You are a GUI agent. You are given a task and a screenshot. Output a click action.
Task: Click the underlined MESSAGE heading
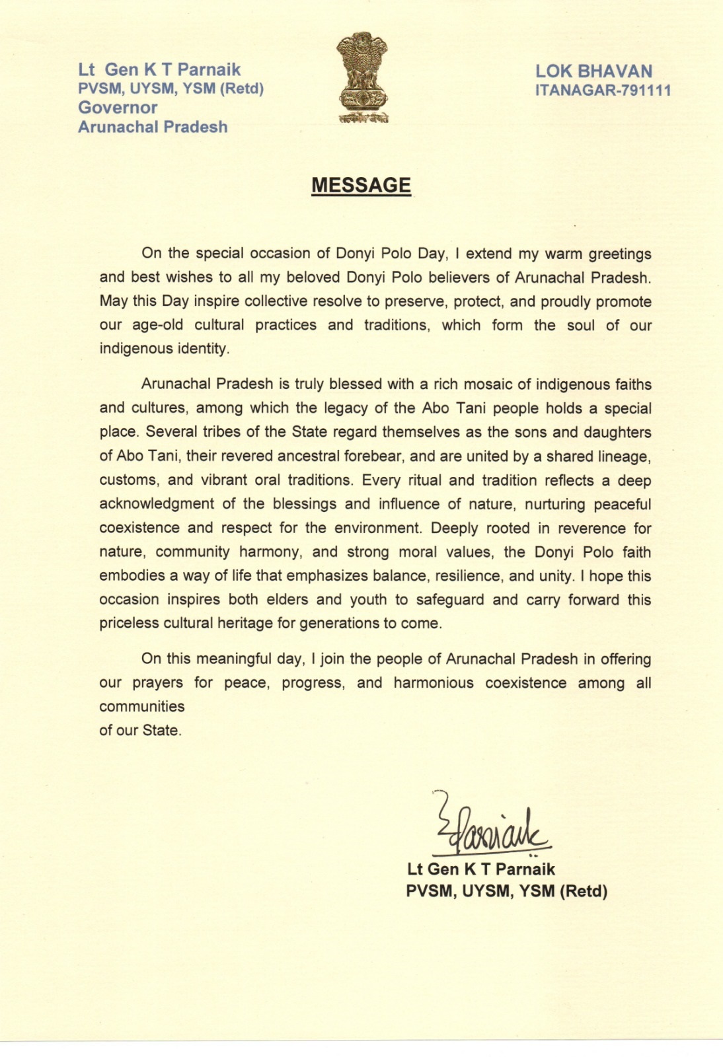tap(361, 186)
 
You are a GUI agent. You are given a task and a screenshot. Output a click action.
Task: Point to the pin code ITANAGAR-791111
tap(603, 91)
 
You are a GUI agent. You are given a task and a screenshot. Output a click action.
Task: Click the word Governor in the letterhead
tap(118, 108)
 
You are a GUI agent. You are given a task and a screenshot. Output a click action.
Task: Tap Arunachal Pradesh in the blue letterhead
tap(153, 127)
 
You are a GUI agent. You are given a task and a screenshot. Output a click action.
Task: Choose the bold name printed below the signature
tap(481, 869)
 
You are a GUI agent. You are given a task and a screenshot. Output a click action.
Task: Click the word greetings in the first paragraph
tap(620, 254)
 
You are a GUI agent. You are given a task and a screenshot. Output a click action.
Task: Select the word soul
tap(581, 325)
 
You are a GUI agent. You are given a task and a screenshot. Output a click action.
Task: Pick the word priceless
tap(129, 623)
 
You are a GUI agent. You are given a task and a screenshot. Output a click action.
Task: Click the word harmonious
tap(434, 682)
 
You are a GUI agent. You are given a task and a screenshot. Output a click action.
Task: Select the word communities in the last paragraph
tap(142, 706)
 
